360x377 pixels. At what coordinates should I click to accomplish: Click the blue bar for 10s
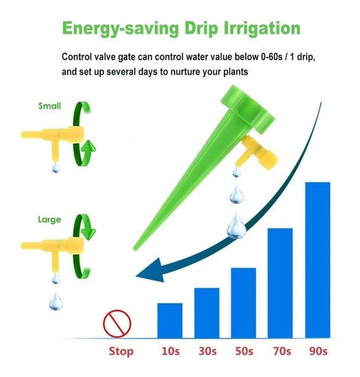coord(169,320)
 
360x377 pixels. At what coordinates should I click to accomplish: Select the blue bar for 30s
coord(206,313)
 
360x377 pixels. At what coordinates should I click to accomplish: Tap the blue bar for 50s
coord(243,303)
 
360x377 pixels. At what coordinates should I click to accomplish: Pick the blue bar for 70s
coord(280,284)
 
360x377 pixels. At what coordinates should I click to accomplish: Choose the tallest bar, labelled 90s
coord(318,260)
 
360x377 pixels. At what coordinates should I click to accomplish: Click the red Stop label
coord(121,351)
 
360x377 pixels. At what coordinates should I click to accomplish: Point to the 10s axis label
coord(170,351)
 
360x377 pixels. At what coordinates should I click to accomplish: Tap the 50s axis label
coord(244,351)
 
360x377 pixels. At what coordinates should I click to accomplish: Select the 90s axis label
coord(319,351)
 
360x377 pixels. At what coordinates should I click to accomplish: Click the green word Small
coord(50,106)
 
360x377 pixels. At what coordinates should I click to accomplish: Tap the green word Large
coord(50,219)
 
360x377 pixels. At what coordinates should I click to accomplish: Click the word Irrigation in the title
coord(262,28)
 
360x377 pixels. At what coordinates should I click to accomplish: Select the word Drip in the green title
coord(201,29)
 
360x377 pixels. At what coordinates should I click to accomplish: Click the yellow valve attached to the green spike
coord(258,153)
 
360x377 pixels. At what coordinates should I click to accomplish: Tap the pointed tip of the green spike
coord(134,250)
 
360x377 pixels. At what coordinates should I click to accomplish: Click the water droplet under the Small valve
coord(56,167)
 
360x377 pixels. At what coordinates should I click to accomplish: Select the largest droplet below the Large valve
coord(56,301)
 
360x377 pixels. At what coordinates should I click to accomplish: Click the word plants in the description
coord(235,72)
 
